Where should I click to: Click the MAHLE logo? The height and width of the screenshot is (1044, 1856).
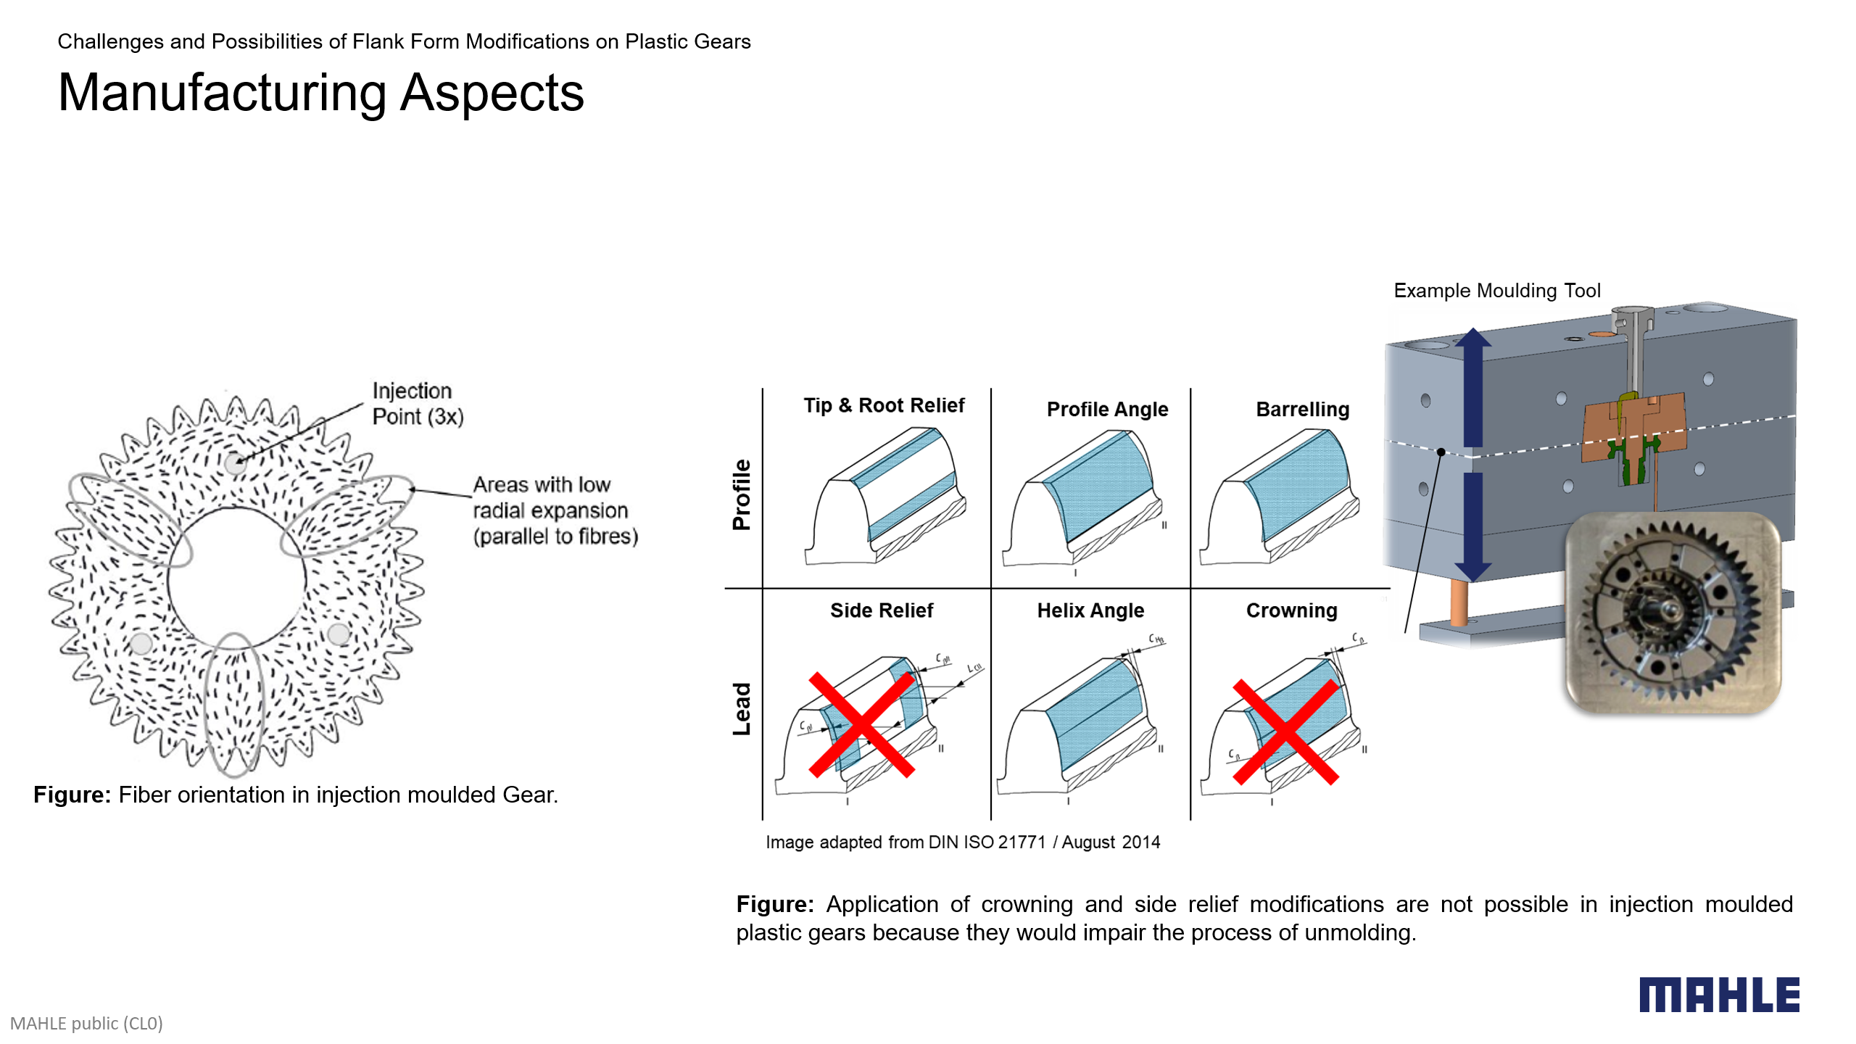[1719, 995]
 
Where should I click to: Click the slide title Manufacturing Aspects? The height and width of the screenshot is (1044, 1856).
[320, 93]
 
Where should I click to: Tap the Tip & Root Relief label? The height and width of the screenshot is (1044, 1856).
[884, 405]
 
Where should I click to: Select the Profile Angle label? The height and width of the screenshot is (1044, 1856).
[1107, 410]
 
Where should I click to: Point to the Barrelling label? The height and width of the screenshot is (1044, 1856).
[1302, 410]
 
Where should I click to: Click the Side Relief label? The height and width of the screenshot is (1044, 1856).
[881, 610]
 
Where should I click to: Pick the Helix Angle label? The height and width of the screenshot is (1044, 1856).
[1090, 610]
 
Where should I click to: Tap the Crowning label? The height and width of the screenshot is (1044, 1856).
[1291, 610]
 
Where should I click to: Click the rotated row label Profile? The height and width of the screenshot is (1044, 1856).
[742, 494]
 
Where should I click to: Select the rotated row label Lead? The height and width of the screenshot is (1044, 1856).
[742, 709]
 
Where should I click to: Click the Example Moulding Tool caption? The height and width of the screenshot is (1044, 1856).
[1496, 291]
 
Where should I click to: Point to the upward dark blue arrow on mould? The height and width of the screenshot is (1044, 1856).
[1472, 388]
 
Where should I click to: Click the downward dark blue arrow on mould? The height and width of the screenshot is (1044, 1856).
[1472, 526]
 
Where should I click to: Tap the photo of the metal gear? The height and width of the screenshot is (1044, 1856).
[1673, 613]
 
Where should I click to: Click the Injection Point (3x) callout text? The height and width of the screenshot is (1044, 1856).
[417, 404]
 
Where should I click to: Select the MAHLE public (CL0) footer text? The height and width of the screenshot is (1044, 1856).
[86, 1023]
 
